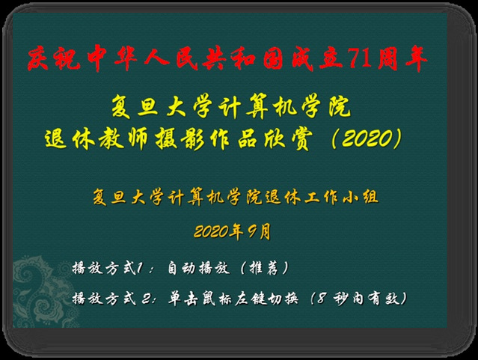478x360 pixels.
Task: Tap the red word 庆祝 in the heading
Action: point(54,58)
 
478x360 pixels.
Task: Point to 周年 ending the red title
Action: point(402,58)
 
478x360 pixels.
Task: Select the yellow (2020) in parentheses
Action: point(367,138)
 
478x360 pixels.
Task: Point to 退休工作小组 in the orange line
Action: point(322,197)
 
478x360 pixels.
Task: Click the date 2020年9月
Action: point(233,231)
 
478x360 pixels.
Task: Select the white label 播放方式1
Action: point(108,268)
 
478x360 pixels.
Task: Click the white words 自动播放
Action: point(198,268)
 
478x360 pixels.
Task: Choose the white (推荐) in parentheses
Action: point(264,268)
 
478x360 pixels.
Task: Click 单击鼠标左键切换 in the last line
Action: point(233,298)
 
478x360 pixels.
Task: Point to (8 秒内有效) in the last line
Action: point(359,298)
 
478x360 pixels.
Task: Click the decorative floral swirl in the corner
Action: point(43,293)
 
